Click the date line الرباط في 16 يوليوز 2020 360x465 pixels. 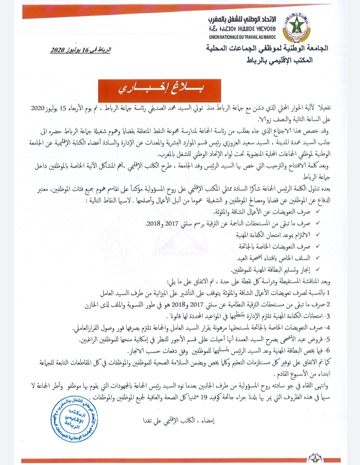82,51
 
